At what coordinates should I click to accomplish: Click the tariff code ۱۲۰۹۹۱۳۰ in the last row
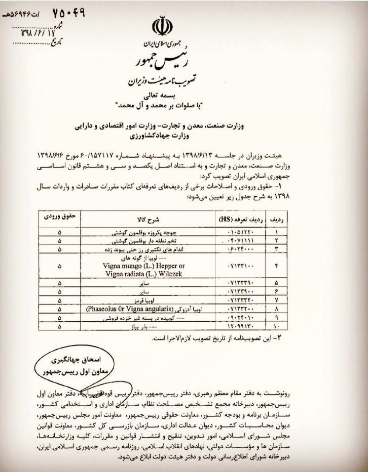pos(235,327)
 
